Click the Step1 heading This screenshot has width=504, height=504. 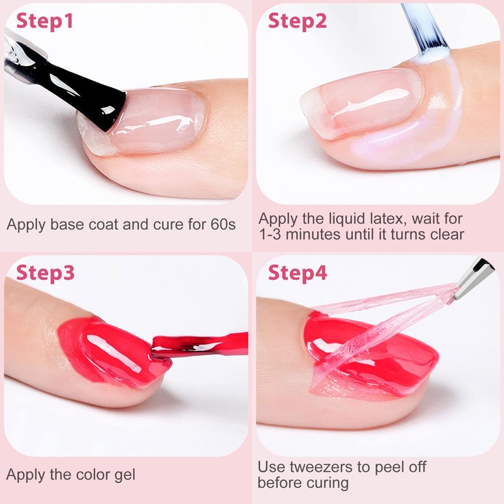[x=45, y=21]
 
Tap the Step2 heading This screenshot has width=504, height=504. [x=297, y=21]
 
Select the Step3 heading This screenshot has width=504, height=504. [x=45, y=273]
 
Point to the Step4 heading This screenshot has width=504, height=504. [x=297, y=273]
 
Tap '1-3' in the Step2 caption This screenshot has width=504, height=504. [x=270, y=234]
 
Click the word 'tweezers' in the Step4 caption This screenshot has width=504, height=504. [x=329, y=467]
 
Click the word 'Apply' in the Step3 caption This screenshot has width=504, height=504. [x=26, y=476]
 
